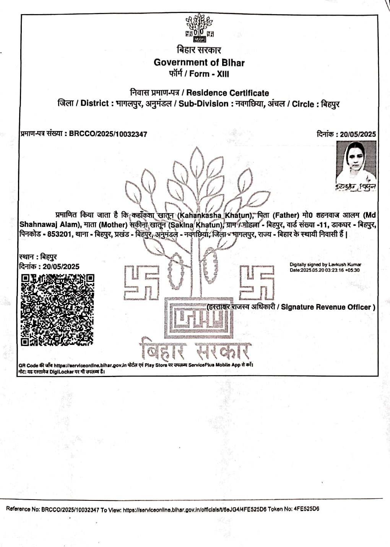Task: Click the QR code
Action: (x=57, y=310)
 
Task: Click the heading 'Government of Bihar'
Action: (x=199, y=62)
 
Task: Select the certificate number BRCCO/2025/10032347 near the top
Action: (x=108, y=134)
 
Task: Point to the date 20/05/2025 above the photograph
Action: (x=358, y=134)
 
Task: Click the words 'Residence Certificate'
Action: (x=227, y=93)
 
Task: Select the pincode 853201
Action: (x=59, y=234)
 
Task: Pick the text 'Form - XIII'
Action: (x=209, y=74)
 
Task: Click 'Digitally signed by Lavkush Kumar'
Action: (x=325, y=264)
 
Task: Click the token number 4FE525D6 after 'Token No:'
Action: (x=306, y=509)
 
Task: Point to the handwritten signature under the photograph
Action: (x=356, y=187)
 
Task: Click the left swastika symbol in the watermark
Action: (x=141, y=283)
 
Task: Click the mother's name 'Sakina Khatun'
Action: (x=195, y=225)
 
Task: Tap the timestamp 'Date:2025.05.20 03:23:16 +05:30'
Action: (x=324, y=270)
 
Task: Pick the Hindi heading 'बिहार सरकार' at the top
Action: (x=199, y=50)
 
